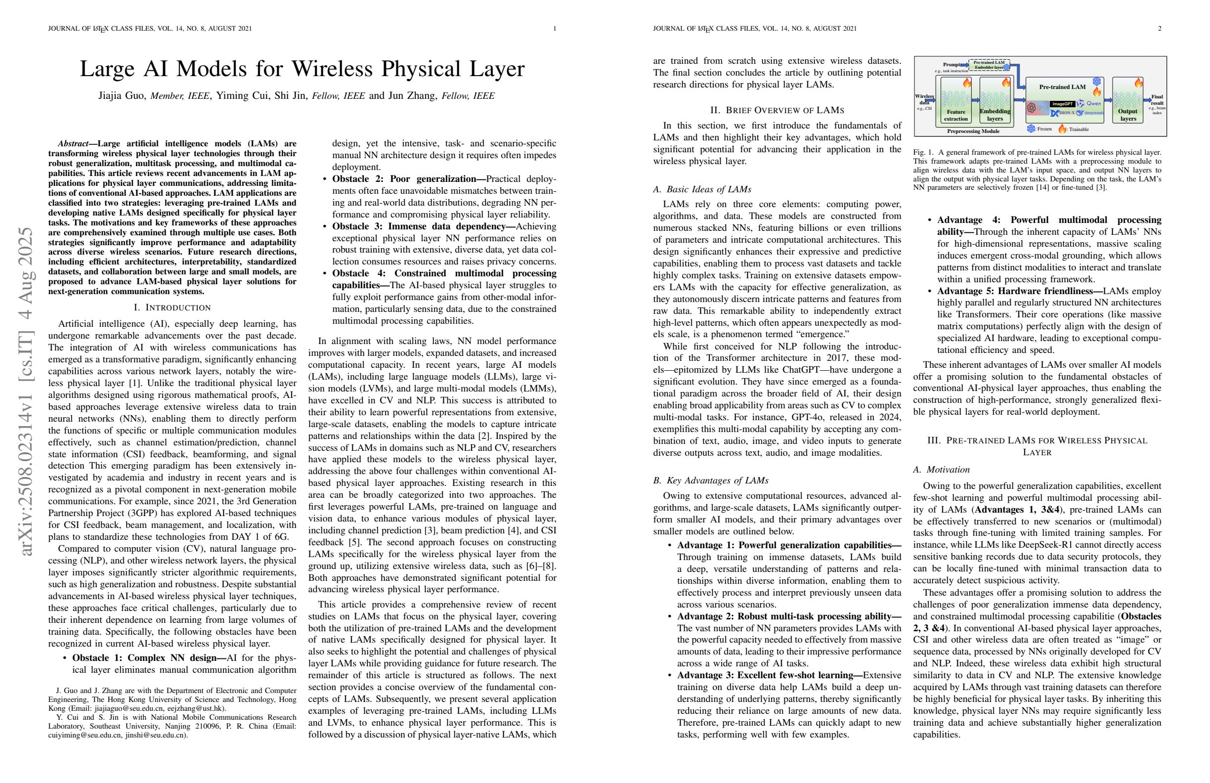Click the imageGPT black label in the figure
pyautogui.click(x=1062, y=104)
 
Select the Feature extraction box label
pyautogui.click(x=956, y=115)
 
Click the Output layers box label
pyautogui.click(x=1127, y=115)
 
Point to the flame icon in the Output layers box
pyautogui.click(x=1138, y=83)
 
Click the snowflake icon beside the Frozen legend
pyautogui.click(x=1031, y=129)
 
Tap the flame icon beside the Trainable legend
pyautogui.click(x=1062, y=129)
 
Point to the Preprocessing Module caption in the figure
pyautogui.click(x=973, y=131)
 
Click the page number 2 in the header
pyautogui.click(x=1160, y=29)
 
